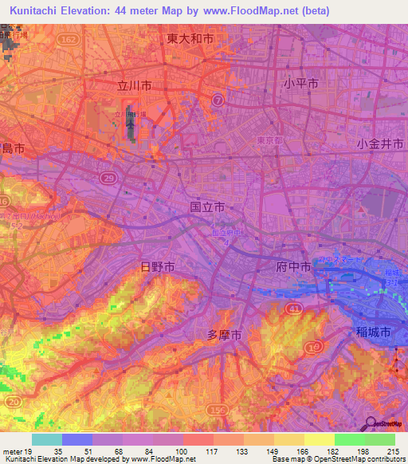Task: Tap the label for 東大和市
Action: coord(190,37)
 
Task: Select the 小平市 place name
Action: coord(300,83)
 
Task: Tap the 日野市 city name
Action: coord(157,267)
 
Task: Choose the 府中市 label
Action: coord(292,267)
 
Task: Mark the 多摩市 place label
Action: coord(224,335)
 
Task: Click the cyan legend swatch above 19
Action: coord(46,439)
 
